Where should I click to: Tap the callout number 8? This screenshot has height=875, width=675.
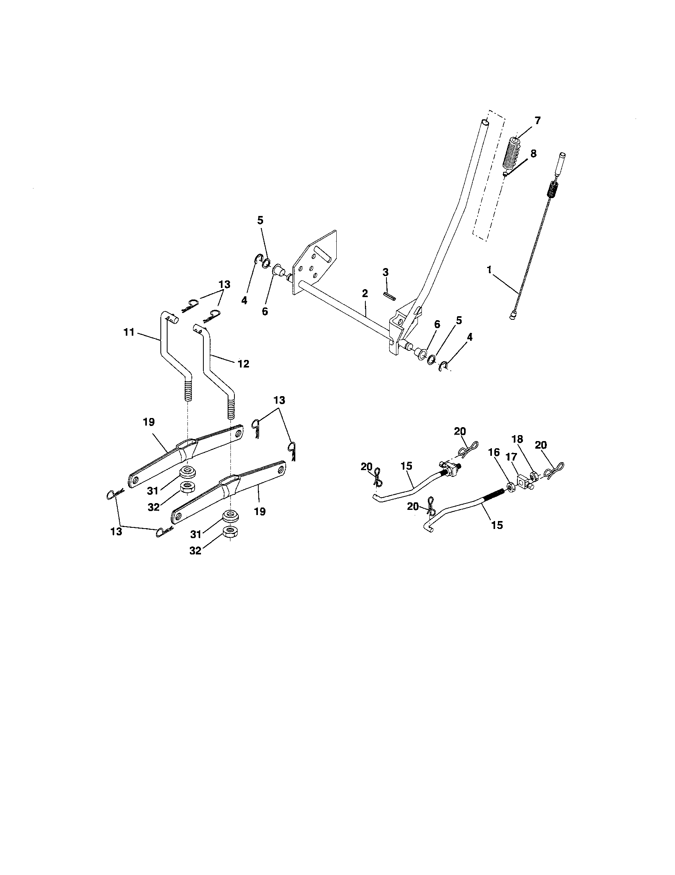click(x=533, y=154)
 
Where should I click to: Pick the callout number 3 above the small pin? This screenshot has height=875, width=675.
click(x=385, y=272)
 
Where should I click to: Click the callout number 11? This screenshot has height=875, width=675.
click(x=129, y=332)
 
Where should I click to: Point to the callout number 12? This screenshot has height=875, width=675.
click(x=243, y=364)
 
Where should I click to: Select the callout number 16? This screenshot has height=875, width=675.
click(x=494, y=452)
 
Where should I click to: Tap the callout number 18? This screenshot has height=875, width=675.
click(x=517, y=439)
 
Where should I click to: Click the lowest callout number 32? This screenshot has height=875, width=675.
click(x=195, y=551)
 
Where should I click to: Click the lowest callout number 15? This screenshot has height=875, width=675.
click(x=497, y=525)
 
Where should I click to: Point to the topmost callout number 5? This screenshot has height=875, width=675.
click(x=261, y=220)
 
